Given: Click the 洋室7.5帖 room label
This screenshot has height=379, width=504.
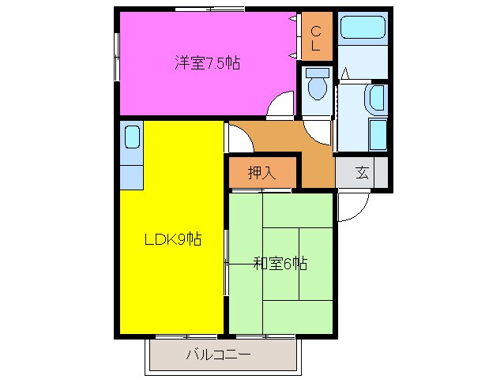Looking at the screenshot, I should (207, 63).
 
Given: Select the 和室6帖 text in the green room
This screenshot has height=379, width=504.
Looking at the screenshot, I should (280, 264).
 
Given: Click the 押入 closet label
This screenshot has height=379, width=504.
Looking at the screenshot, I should (261, 173).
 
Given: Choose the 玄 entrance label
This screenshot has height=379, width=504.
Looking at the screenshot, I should (362, 173).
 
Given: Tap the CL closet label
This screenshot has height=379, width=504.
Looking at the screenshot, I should (314, 39).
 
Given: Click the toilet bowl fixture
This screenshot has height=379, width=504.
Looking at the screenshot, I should (318, 85).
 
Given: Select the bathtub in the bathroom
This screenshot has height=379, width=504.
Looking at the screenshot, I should (363, 29).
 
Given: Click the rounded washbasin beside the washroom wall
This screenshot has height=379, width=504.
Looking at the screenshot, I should (377, 99).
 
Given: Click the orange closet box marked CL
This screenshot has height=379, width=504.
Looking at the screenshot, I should (315, 38).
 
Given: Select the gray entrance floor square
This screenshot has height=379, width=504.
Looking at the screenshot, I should (362, 173).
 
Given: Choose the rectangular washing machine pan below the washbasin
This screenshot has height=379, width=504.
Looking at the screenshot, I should (377, 135).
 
